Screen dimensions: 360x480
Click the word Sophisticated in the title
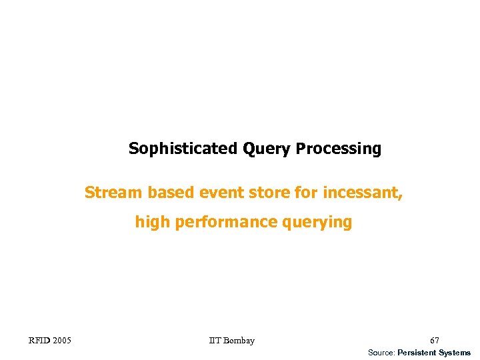click(x=183, y=149)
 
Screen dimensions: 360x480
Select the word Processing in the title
click(x=339, y=149)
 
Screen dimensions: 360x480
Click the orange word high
click(x=153, y=222)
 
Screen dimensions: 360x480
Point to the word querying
click(x=317, y=222)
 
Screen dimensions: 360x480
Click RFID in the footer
click(x=39, y=341)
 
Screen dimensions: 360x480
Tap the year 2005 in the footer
click(x=61, y=341)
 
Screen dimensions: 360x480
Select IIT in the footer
click(x=215, y=341)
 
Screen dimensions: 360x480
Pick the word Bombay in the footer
click(x=239, y=341)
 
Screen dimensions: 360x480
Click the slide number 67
click(x=435, y=341)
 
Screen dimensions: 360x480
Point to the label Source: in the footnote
click(x=381, y=353)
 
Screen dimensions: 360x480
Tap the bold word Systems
click(x=455, y=353)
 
